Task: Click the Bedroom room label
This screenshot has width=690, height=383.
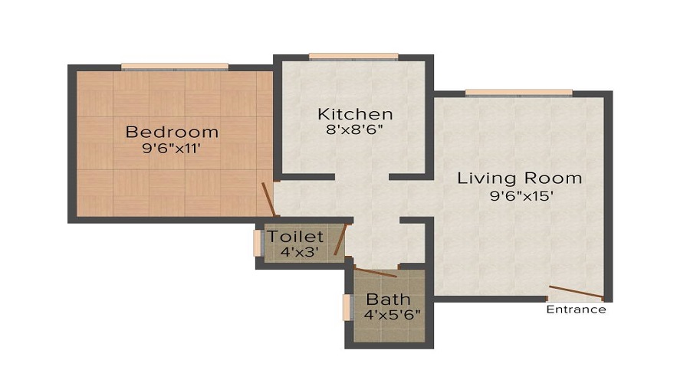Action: coord(172,131)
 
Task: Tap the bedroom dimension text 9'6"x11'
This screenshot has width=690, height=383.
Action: coord(172,149)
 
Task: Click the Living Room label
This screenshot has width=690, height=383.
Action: coord(520,178)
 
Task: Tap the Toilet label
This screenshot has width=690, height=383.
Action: coord(295,237)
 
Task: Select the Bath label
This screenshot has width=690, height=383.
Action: coord(387,299)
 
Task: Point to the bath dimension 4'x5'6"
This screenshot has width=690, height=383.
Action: coord(392,314)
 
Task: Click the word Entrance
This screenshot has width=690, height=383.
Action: coord(576,310)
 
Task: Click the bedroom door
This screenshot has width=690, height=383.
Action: coord(268,200)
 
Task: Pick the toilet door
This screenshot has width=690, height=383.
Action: coord(341,239)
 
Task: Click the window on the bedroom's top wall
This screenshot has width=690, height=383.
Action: coord(175,67)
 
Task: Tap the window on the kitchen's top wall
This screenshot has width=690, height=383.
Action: coord(353,56)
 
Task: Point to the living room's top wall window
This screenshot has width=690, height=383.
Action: coord(518,93)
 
